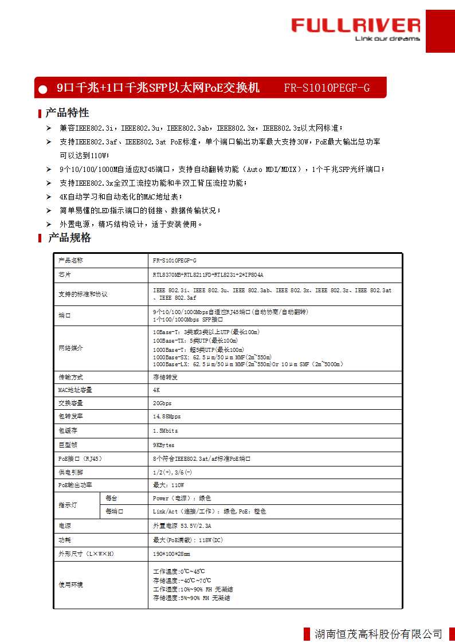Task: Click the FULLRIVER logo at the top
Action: [x=355, y=25]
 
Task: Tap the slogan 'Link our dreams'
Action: [x=387, y=39]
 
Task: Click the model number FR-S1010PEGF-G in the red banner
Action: [x=327, y=88]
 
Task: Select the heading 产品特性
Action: [x=67, y=112]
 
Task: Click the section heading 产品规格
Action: [x=69, y=238]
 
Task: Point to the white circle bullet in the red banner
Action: [x=42, y=89]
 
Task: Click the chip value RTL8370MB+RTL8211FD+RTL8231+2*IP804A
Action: [x=208, y=275]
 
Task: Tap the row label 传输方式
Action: [x=71, y=377]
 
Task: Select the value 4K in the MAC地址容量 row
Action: [x=156, y=390]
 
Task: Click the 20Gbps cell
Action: [x=162, y=403]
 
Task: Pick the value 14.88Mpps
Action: [x=167, y=416]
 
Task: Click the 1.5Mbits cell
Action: [x=165, y=430]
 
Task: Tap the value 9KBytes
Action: [x=164, y=445]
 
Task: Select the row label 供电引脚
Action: [x=71, y=472]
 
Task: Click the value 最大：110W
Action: [x=168, y=485]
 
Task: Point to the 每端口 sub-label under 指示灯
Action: [x=115, y=511]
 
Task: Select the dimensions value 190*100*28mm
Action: [x=172, y=554]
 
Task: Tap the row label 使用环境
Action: [x=71, y=585]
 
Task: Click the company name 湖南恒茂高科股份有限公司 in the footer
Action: [x=379, y=633]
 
